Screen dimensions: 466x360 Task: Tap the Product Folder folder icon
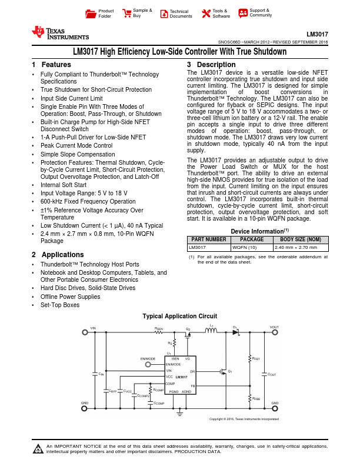(90, 13)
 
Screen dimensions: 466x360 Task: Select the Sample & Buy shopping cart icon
(126, 13)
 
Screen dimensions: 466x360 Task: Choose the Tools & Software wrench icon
(206, 13)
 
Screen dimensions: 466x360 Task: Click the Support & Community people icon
(243, 13)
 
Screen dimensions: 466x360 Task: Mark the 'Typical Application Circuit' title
(180, 316)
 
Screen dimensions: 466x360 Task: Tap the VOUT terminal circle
(274, 332)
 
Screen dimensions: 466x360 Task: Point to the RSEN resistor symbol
(159, 332)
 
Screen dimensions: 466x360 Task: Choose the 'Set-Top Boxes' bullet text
(59, 305)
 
